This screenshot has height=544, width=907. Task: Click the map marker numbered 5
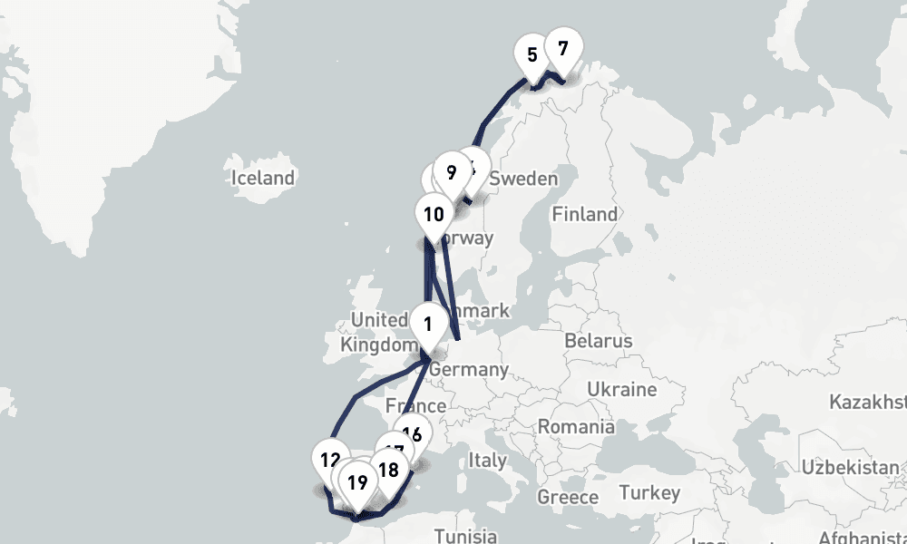pos(532,54)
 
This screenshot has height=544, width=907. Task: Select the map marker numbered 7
pos(562,49)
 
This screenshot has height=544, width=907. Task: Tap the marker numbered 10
pos(434,215)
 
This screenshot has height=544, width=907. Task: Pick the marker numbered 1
pos(426,323)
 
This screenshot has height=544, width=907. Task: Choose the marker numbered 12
pos(330,460)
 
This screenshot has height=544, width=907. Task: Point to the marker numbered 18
pos(388,470)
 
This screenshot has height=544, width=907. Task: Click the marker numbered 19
pos(357,482)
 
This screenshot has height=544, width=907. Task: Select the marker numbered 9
pos(451,171)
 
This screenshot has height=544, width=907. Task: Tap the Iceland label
pos(263,178)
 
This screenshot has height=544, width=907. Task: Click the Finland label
pos(584,215)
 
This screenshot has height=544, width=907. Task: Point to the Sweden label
pos(523,180)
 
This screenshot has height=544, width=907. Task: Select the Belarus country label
pos(597,342)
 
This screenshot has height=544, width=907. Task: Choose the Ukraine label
pos(621,390)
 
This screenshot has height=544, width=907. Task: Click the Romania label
pos(576,426)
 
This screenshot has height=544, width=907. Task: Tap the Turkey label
pos(649,493)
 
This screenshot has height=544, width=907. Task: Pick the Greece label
pos(568,497)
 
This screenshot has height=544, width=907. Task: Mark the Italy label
pos(487,461)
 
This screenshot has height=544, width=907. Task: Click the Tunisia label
pos(465,535)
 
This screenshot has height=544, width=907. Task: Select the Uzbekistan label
pos(853,468)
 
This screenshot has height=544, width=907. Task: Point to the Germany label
pos(468,370)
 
